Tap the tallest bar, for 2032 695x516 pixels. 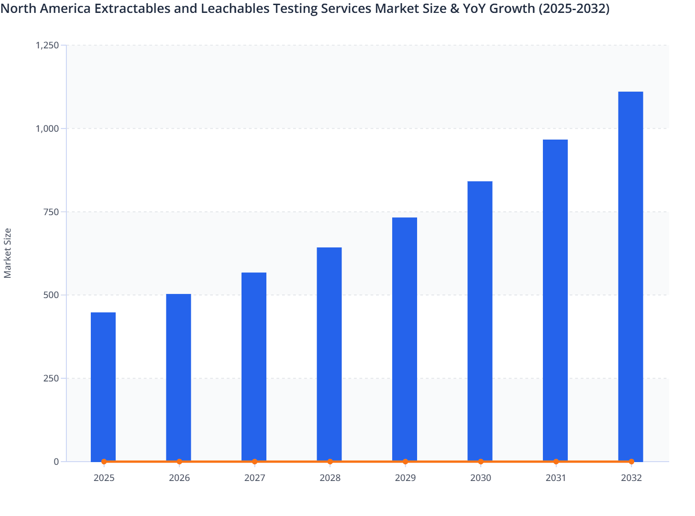pos(630,276)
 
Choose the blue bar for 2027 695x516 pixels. pos(254,366)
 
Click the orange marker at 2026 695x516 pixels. pos(179,461)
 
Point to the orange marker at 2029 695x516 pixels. pos(405,461)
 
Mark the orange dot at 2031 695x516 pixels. pos(556,461)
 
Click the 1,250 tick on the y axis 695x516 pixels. pos(47,45)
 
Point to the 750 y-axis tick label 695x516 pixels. pos(52,212)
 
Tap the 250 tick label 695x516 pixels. pos(52,378)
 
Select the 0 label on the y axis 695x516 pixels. pos(56,462)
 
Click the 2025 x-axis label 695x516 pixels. pos(104,478)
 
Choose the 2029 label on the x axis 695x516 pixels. pos(405,478)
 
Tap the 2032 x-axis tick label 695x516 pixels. pos(631,478)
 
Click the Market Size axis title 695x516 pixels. pos(7,253)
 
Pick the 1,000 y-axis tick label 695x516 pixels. pos(47,129)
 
